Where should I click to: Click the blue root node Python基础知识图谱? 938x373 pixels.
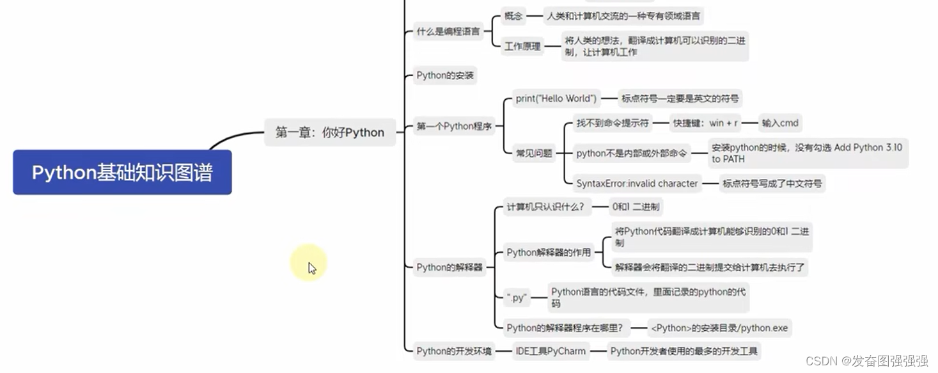pyautogui.click(x=122, y=173)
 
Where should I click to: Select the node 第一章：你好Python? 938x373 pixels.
pyautogui.click(x=330, y=132)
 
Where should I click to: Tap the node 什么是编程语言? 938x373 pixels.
pyautogui.click(x=448, y=31)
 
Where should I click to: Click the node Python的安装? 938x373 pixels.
pyautogui.click(x=445, y=75)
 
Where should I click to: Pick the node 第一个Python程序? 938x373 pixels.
pyautogui.click(x=454, y=126)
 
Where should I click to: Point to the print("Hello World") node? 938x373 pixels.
pyautogui.click(x=556, y=99)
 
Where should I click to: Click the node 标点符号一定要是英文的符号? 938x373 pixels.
pyautogui.click(x=680, y=99)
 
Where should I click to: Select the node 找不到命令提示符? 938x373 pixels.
pyautogui.click(x=612, y=123)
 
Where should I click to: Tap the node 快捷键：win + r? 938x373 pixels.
pyautogui.click(x=705, y=123)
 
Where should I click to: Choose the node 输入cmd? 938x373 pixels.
pyautogui.click(x=779, y=123)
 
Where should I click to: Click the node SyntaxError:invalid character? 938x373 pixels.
pyautogui.click(x=637, y=184)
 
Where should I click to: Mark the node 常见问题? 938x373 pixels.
pyautogui.click(x=534, y=153)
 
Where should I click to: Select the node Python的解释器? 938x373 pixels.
pyautogui.click(x=449, y=267)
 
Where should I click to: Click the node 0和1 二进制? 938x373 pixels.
pyautogui.click(x=636, y=207)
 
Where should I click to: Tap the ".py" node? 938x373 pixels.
pyautogui.click(x=516, y=298)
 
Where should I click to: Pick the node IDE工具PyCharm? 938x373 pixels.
pyautogui.click(x=551, y=351)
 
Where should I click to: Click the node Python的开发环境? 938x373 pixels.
pyautogui.click(x=454, y=351)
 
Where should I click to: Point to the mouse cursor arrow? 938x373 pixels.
pyautogui.click(x=311, y=267)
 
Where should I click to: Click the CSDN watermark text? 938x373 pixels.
pyautogui.click(x=867, y=361)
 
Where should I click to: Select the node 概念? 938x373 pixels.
pyautogui.click(x=513, y=16)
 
